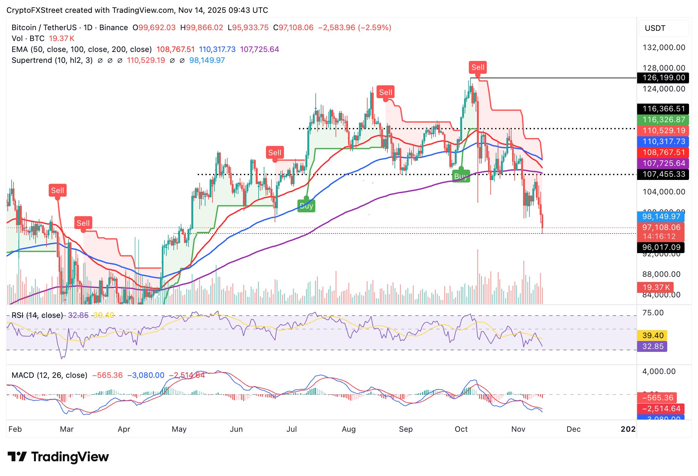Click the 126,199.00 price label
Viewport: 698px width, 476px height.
[663, 78]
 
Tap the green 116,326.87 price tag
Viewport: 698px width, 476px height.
[663, 120]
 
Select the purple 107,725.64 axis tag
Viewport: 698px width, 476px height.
[663, 163]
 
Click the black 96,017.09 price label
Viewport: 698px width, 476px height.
[661, 247]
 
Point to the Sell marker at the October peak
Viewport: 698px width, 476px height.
[478, 67]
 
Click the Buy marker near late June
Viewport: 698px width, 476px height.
[306, 206]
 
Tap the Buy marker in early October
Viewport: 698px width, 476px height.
[461, 176]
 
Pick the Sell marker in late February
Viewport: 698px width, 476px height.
[58, 191]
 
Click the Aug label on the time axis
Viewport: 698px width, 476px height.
[349, 429]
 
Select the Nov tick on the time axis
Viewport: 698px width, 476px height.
[518, 429]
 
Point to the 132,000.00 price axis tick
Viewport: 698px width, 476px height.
[664, 47]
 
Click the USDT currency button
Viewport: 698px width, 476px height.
[663, 28]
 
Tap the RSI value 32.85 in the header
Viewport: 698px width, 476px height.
[78, 315]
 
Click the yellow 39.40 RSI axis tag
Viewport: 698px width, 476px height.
[652, 336]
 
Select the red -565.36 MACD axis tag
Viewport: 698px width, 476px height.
[657, 398]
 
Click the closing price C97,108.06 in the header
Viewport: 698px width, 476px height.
[293, 28]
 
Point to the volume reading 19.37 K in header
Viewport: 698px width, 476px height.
[62, 38]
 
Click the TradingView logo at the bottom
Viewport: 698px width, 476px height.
[58, 457]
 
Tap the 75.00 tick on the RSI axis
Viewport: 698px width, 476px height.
[653, 313]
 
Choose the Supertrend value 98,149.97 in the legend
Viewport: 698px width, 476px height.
[207, 60]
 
